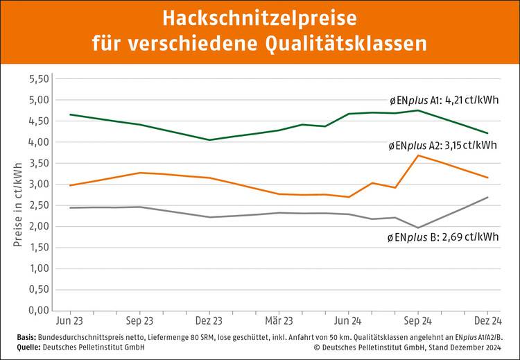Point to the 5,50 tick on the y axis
coord(40,79)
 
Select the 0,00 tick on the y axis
coord(40,310)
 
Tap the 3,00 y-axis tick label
coord(40,185)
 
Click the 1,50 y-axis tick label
coord(40,248)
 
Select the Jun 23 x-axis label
coord(70,322)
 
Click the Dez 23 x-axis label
coord(209,322)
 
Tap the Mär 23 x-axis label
coord(278,322)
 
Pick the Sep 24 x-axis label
coord(417,322)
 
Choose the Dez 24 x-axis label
coord(487,322)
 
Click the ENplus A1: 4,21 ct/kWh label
coord(444,100)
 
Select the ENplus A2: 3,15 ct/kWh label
coord(442,145)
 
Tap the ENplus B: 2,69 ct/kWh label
coord(442,237)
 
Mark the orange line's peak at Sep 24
coord(417,155)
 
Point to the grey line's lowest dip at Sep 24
coord(417,228)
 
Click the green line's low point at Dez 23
coord(209,140)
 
